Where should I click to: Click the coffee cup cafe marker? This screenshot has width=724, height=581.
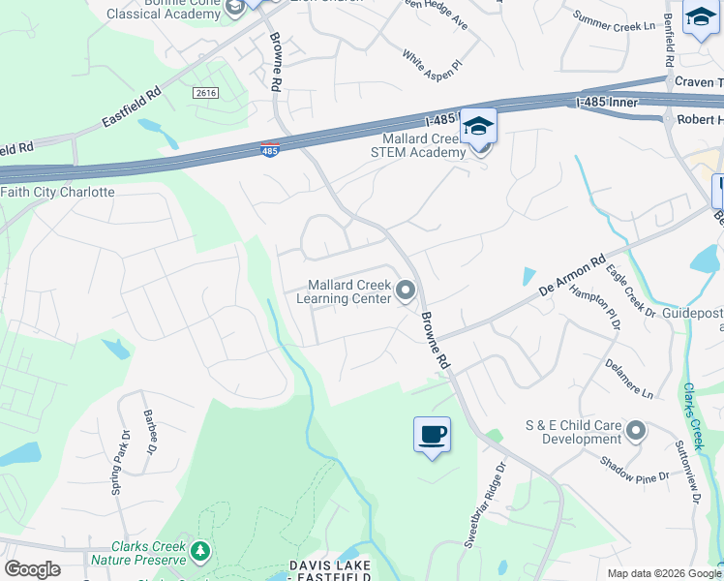[432, 433]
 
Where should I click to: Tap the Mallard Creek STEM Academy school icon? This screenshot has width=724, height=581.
[478, 127]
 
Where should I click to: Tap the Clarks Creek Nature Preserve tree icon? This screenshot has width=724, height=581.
[200, 552]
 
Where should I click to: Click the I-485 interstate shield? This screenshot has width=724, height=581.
[271, 151]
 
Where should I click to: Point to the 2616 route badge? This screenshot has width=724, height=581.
[205, 93]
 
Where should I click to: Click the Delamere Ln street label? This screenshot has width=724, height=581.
[629, 379]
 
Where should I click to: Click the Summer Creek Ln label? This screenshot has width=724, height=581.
[615, 20]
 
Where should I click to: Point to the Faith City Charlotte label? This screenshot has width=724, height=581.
[58, 192]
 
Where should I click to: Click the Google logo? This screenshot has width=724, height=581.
[32, 569]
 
